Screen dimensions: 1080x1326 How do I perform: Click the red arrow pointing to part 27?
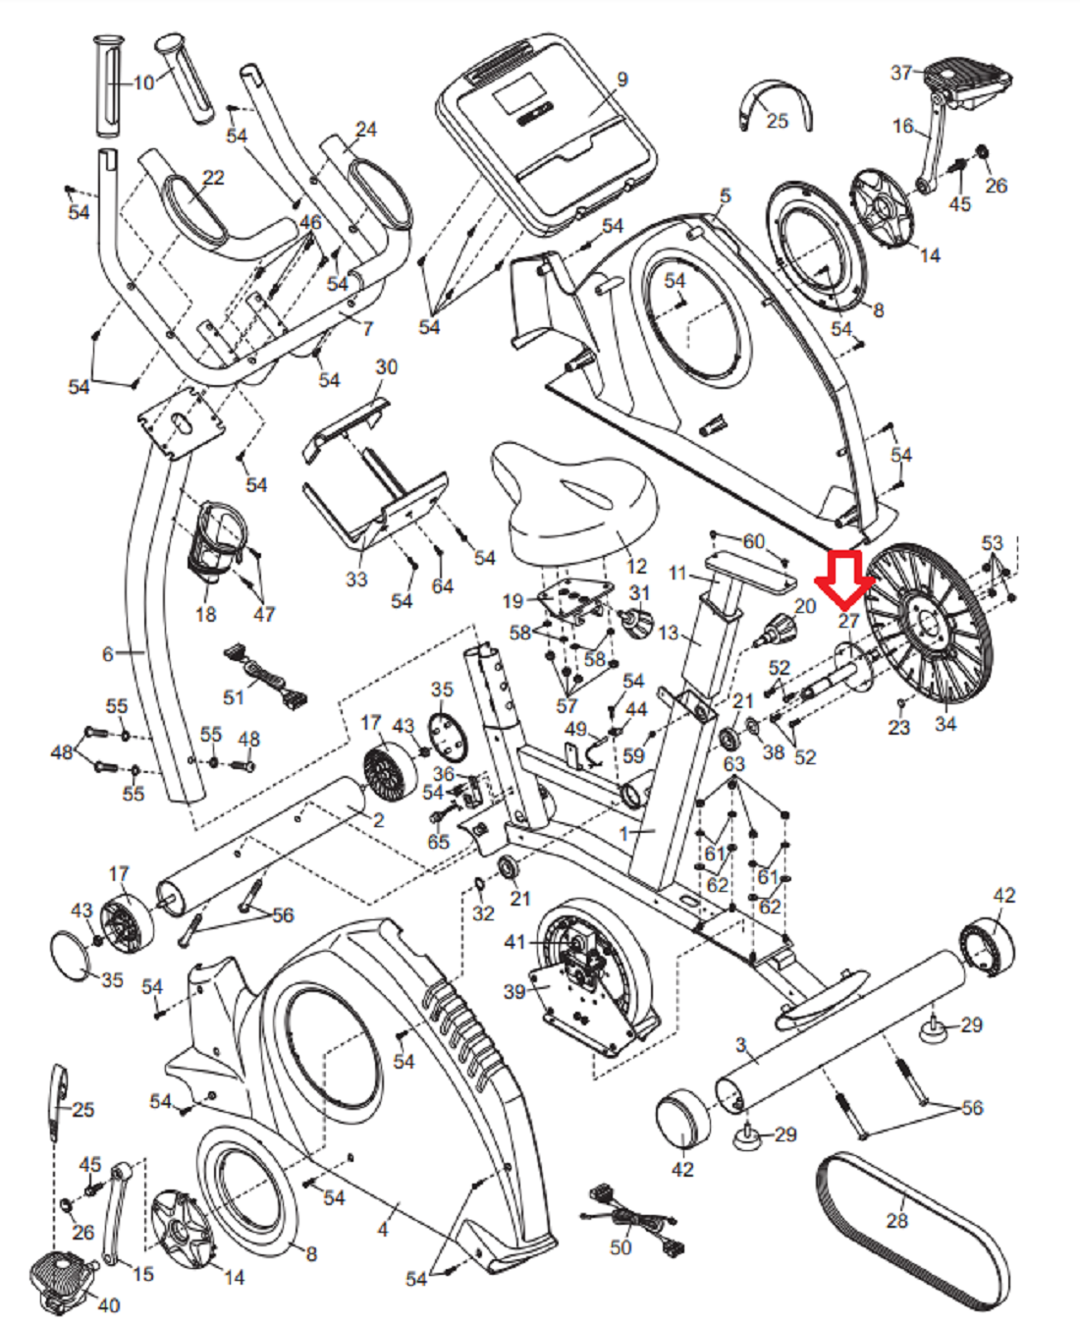pos(845,579)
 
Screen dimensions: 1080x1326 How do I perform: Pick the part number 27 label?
pos(848,621)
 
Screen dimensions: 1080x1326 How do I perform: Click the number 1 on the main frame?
pos(624,834)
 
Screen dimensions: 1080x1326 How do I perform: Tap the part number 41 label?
pos(514,942)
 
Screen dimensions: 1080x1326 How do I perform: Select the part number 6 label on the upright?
pos(108,653)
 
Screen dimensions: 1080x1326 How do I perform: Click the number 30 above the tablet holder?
pos(386,366)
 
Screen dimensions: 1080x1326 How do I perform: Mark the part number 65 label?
pos(438,842)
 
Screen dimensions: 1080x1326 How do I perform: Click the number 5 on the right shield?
pos(725,195)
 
